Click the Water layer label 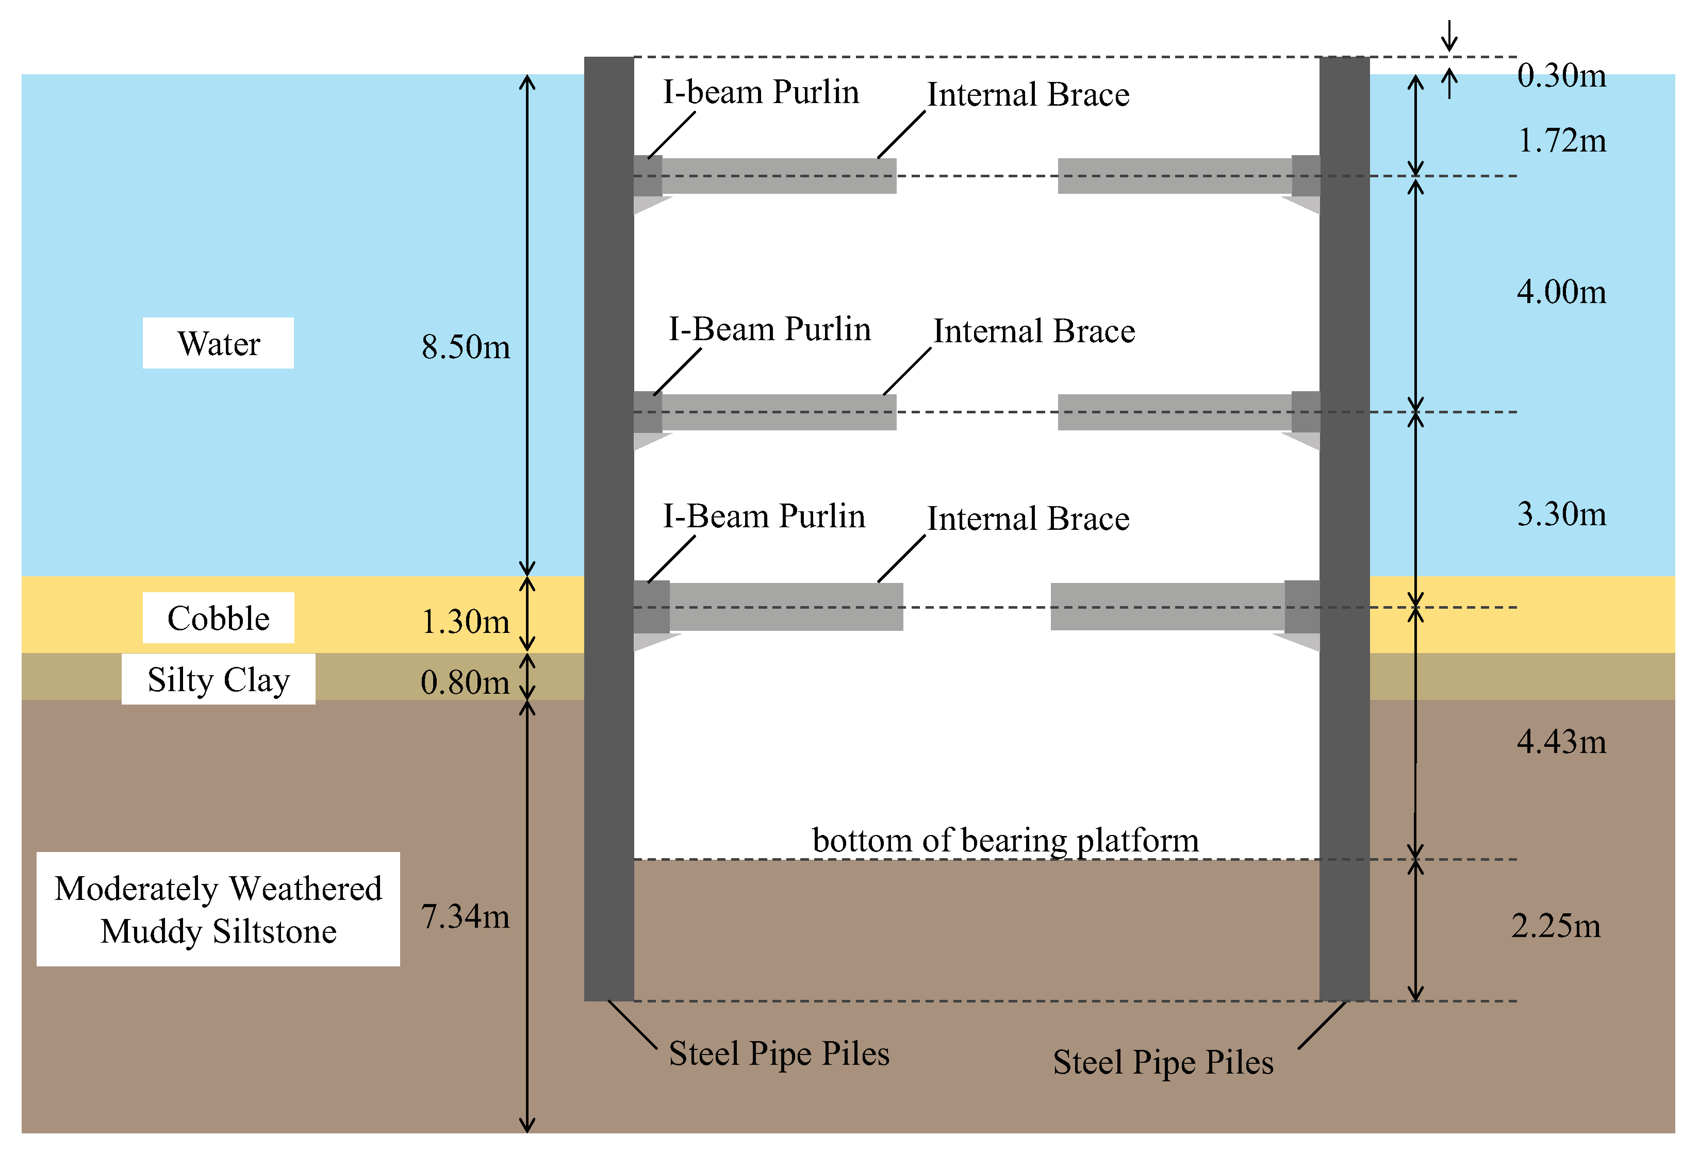[218, 343]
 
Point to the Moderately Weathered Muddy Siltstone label [218, 909]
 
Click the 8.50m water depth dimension [465, 346]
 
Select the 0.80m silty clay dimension [465, 682]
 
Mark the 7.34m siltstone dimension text [465, 916]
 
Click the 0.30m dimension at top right [1561, 75]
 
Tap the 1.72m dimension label [1561, 140]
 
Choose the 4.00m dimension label [1561, 292]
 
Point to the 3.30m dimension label [1561, 514]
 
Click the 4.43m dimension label [1561, 742]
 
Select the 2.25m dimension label [1555, 926]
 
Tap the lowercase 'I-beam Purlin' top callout [761, 92]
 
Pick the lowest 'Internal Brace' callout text [1028, 518]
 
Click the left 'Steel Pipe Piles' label [779, 1053]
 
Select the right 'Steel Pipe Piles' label [1162, 1062]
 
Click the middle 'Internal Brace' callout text [1034, 331]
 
